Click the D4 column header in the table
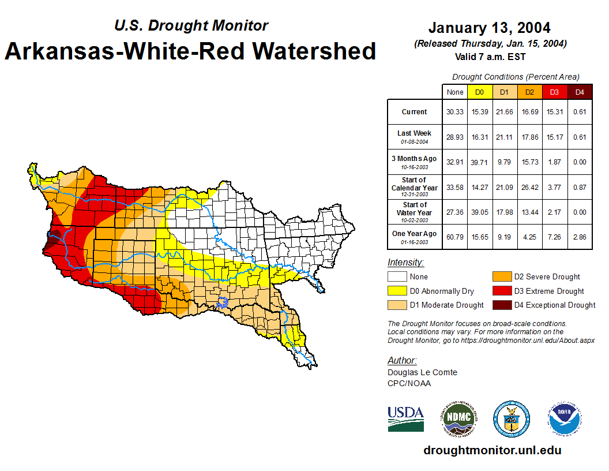click(x=580, y=92)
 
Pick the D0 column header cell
click(x=479, y=92)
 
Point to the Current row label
click(x=415, y=112)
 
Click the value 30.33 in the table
click(x=455, y=112)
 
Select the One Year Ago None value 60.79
click(x=455, y=237)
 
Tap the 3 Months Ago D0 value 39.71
click(x=479, y=162)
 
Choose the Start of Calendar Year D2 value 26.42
click(x=529, y=187)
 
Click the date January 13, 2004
click(x=489, y=28)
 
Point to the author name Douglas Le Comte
click(x=422, y=372)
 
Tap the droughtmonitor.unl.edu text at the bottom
click(x=492, y=450)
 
